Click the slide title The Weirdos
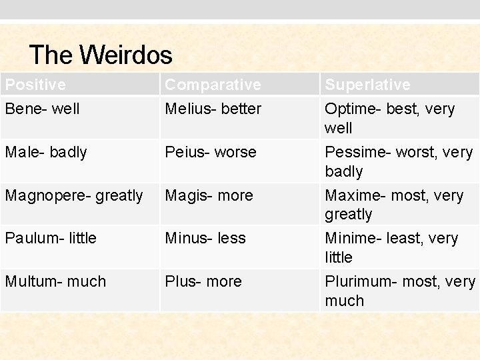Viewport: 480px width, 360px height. point(101,55)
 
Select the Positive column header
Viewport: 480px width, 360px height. point(35,85)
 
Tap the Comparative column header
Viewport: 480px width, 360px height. point(213,85)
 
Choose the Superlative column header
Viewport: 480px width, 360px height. point(367,85)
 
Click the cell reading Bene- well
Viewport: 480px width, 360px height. point(42,108)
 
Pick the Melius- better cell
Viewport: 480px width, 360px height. point(213,108)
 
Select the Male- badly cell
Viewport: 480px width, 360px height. point(46,152)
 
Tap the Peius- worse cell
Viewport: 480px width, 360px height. point(211,152)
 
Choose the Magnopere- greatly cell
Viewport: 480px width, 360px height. point(74,195)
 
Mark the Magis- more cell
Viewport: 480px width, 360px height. point(209,195)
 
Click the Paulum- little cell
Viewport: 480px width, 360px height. point(51,238)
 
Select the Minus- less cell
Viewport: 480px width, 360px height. point(205,238)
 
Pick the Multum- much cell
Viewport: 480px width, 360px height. point(55,281)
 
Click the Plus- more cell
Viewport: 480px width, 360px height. point(203,281)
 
